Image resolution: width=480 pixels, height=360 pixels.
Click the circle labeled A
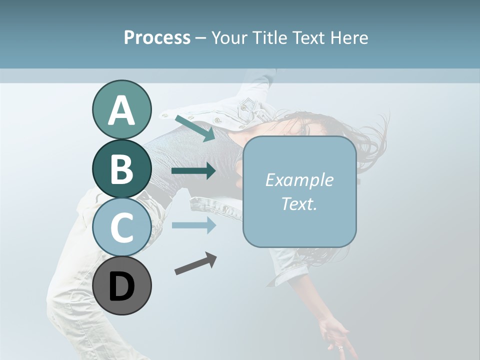(x=121, y=109)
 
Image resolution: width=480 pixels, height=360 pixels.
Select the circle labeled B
(x=121, y=168)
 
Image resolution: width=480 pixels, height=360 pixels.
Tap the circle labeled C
(x=121, y=227)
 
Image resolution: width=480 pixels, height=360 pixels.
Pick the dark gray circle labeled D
(x=121, y=285)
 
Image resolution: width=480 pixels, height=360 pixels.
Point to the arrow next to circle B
(x=193, y=171)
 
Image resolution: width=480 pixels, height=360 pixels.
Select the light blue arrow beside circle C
(x=193, y=225)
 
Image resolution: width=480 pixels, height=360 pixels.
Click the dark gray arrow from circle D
(x=195, y=263)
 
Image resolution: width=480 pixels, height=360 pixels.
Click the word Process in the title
(x=157, y=37)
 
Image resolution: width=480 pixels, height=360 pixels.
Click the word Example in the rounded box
(x=299, y=180)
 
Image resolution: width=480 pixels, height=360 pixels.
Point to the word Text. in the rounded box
(x=299, y=203)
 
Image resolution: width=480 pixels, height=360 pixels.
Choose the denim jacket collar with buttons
(x=235, y=115)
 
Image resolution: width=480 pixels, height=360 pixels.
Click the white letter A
(x=121, y=111)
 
